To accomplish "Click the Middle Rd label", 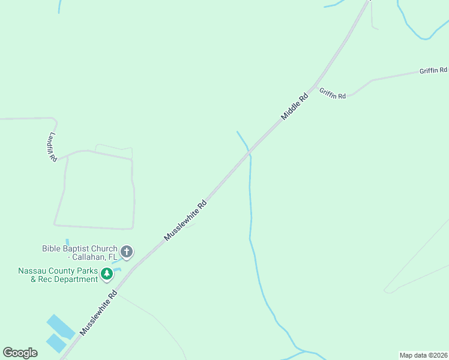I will click(x=295, y=104).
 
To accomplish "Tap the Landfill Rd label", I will click(x=52, y=146).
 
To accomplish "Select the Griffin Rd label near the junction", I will click(x=333, y=94).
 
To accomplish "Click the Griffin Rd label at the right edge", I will click(x=433, y=71).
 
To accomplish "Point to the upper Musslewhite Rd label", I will click(x=186, y=220).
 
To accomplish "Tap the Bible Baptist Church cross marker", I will click(x=127, y=251).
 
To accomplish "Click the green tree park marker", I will click(x=107, y=274).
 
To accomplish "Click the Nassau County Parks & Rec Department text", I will click(x=58, y=275).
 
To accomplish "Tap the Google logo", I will click(x=20, y=353).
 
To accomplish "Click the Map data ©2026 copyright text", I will click(x=424, y=355).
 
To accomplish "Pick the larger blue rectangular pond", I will click(x=60, y=326).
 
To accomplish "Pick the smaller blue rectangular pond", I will click(x=56, y=343).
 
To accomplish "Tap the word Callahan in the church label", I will click(x=91, y=257).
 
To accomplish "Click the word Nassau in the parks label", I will click(x=32, y=271).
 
